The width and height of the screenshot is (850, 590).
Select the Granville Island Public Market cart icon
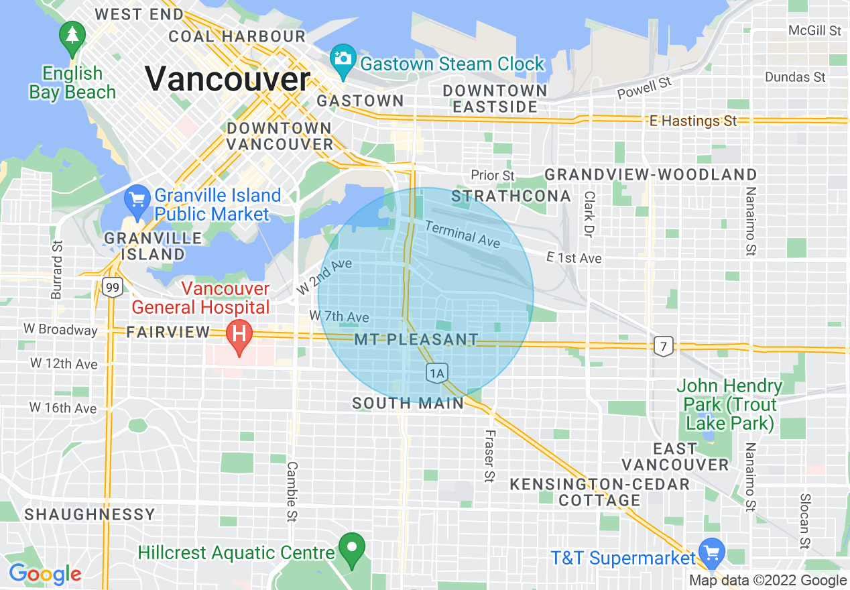tap(137, 200)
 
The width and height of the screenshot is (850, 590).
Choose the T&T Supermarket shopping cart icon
tap(711, 552)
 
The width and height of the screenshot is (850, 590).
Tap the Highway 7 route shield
tap(663, 345)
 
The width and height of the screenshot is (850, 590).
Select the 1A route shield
tap(437, 373)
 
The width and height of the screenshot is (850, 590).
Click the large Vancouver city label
tap(227, 79)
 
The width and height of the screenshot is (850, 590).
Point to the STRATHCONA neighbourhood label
tap(511, 196)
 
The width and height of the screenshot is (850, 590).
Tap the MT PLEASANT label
tap(416, 339)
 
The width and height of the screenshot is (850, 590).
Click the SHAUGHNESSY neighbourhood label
tap(90, 514)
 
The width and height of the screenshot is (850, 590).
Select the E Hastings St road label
tap(693, 121)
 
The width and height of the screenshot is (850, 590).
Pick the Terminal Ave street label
tap(463, 235)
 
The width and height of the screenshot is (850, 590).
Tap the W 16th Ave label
tap(63, 408)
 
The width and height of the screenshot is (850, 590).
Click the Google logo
tap(45, 574)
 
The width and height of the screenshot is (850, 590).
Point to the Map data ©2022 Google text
tap(768, 581)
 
